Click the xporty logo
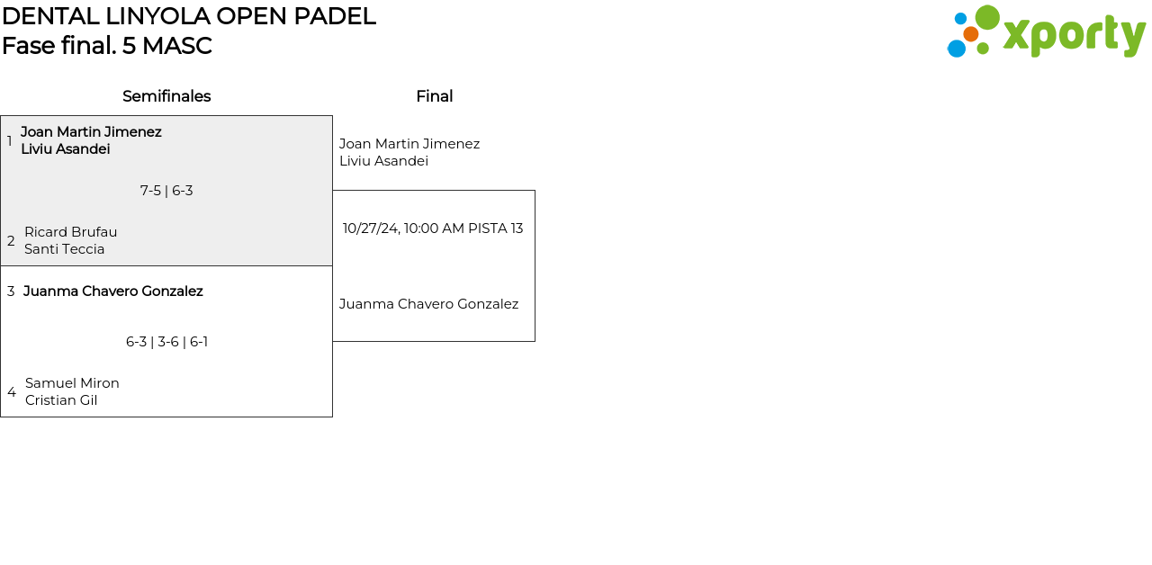pos(1046,32)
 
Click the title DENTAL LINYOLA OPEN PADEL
pos(188,16)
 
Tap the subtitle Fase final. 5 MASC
pos(106,46)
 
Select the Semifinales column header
pos(166,96)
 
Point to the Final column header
pos(434,96)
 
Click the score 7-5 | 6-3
pos(166,191)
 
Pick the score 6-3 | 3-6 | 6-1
pos(166,342)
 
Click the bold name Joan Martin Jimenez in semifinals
pos(91,132)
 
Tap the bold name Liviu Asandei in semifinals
pos(66,149)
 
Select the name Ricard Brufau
pos(70,232)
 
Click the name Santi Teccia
pos(64,249)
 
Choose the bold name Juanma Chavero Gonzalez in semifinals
pos(113,291)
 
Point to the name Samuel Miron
pos(72,383)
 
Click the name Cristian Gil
pos(61,400)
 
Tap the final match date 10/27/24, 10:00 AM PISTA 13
pos(433,229)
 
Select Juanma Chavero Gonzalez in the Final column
pos(428,304)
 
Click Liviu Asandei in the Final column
pos(383,161)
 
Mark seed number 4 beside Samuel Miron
pos(12,392)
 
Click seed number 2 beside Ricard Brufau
pos(11,241)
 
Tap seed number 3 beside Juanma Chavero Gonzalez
pos(11,291)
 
